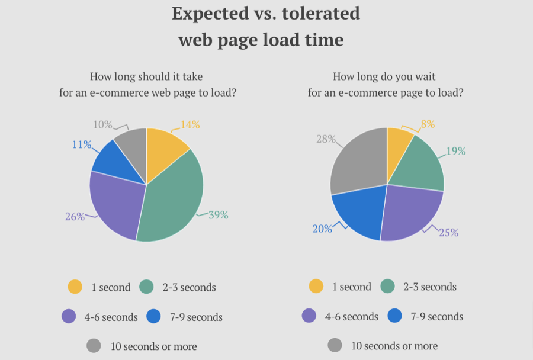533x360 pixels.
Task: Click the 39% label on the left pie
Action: pyautogui.click(x=218, y=215)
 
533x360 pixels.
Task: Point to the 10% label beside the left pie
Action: pyautogui.click(x=102, y=125)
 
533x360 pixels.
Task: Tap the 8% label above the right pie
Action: pyautogui.click(x=428, y=124)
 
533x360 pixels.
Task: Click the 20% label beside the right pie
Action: pyautogui.click(x=322, y=229)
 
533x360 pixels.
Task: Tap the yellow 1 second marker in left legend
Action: pyautogui.click(x=75, y=287)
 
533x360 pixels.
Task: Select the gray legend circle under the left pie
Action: pyautogui.click(x=94, y=346)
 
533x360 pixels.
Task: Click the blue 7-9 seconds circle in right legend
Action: pyautogui.click(x=395, y=316)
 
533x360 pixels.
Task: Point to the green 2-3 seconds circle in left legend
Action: pyautogui.click(x=147, y=287)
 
